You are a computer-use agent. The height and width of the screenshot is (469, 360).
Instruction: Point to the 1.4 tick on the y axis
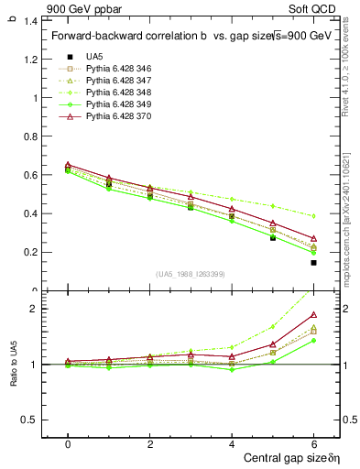pos(33,20)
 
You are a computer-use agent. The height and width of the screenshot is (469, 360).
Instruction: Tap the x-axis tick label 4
pos(231,443)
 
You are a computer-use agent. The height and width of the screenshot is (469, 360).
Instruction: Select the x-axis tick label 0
pos(68,443)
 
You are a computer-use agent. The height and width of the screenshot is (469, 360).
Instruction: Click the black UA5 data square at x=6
pos(313,263)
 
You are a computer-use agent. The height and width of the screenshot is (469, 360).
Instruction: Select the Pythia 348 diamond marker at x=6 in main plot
pos(313,216)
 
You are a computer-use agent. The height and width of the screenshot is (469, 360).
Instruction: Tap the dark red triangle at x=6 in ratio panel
pos(313,315)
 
